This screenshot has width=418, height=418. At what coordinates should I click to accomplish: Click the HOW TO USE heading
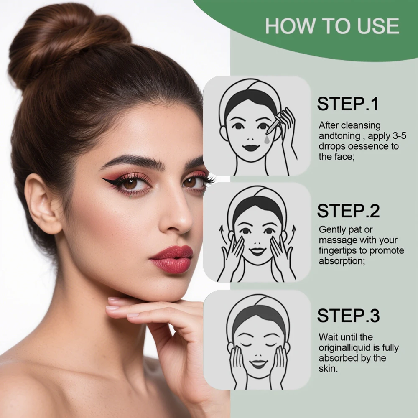coord(332,26)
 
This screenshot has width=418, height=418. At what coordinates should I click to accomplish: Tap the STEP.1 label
coord(347,104)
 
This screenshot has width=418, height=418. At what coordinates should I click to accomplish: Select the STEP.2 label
coord(348,211)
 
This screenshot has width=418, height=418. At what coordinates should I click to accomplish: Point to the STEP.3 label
coord(348,316)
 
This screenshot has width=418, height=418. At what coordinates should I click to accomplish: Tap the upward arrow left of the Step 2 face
coord(222,232)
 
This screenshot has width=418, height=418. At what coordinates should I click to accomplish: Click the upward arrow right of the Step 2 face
coord(293,229)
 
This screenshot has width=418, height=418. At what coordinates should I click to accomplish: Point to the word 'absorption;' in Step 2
coord(340,261)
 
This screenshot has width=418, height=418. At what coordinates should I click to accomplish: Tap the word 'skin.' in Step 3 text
coord(328,369)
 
